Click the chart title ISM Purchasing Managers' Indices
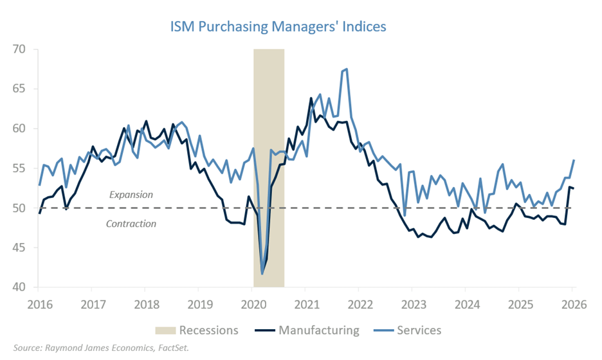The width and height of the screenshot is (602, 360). [278, 27]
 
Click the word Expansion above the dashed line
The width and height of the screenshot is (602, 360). [132, 194]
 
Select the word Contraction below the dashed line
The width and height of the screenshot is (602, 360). [131, 224]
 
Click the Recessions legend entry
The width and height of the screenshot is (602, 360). [208, 330]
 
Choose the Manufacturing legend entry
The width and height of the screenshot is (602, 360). [318, 330]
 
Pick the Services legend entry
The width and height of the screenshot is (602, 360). [419, 330]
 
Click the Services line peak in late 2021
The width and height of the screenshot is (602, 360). [347, 69]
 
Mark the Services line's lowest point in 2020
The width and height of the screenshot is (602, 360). [262, 274]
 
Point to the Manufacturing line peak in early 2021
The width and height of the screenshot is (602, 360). [311, 98]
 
